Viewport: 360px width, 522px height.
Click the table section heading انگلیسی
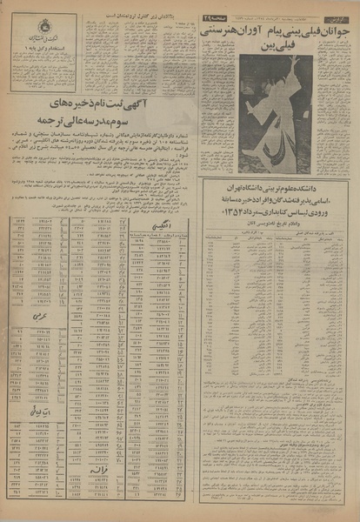tap(153, 224)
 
